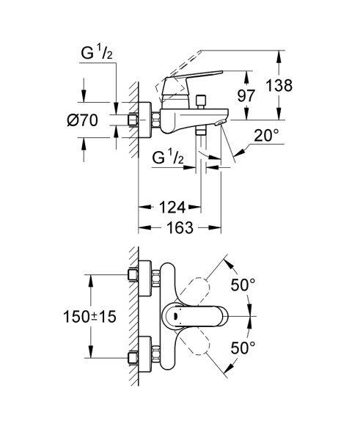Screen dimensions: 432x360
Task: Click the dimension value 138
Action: pos(279,85)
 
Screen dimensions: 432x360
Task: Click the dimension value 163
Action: pos(179,228)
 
